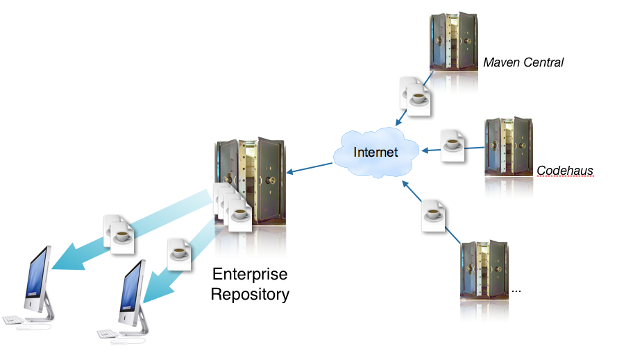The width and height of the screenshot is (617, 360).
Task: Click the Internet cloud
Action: (375, 152)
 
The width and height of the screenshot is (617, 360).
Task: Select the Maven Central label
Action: (523, 62)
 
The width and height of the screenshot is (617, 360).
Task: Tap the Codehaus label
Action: (565, 170)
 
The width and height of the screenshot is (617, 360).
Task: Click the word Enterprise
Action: (250, 273)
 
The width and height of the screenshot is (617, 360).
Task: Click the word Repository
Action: (250, 294)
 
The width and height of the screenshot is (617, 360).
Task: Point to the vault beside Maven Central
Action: (455, 41)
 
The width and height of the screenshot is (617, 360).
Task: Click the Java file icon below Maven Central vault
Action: (416, 95)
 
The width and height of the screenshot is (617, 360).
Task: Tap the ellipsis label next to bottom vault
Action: (516, 290)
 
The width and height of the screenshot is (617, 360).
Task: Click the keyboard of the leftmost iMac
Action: (14, 320)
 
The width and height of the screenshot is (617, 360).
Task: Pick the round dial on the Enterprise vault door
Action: (269, 179)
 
